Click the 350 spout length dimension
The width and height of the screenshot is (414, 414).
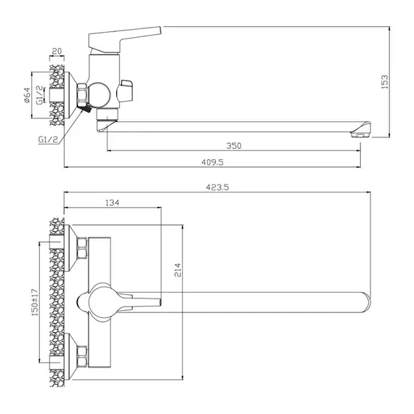pos(234,146)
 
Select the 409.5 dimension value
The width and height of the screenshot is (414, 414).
pos(212,162)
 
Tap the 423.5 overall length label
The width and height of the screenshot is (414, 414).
pos(217,187)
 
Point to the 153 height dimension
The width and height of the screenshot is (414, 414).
pos(385,81)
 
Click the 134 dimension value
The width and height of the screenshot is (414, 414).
pos(113,203)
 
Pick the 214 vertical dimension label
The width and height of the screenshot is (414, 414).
pos(178,270)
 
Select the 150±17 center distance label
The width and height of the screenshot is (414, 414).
pos(35,302)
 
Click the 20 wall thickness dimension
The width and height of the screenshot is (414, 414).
pos(57,51)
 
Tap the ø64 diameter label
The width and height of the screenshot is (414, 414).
pos(27,95)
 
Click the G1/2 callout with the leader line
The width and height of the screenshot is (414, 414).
pos(48,139)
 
